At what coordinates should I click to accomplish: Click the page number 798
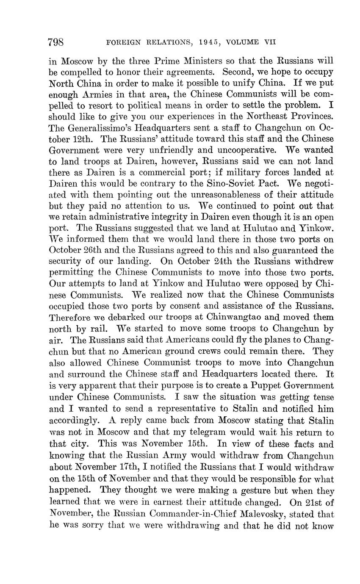click(x=56, y=42)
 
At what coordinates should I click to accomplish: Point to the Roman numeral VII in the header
click(x=270, y=42)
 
